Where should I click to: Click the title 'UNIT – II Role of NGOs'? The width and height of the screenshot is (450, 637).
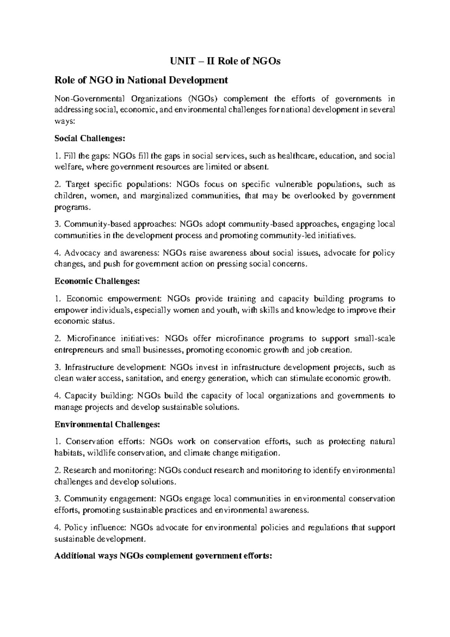tap(224, 61)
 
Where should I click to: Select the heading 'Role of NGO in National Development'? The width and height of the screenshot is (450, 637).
tap(141, 80)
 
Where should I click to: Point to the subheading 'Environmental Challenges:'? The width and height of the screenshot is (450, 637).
tap(107, 424)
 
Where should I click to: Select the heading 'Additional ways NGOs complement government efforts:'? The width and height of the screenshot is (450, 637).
tap(163, 557)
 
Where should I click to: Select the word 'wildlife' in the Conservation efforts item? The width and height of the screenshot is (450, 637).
tap(101, 453)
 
